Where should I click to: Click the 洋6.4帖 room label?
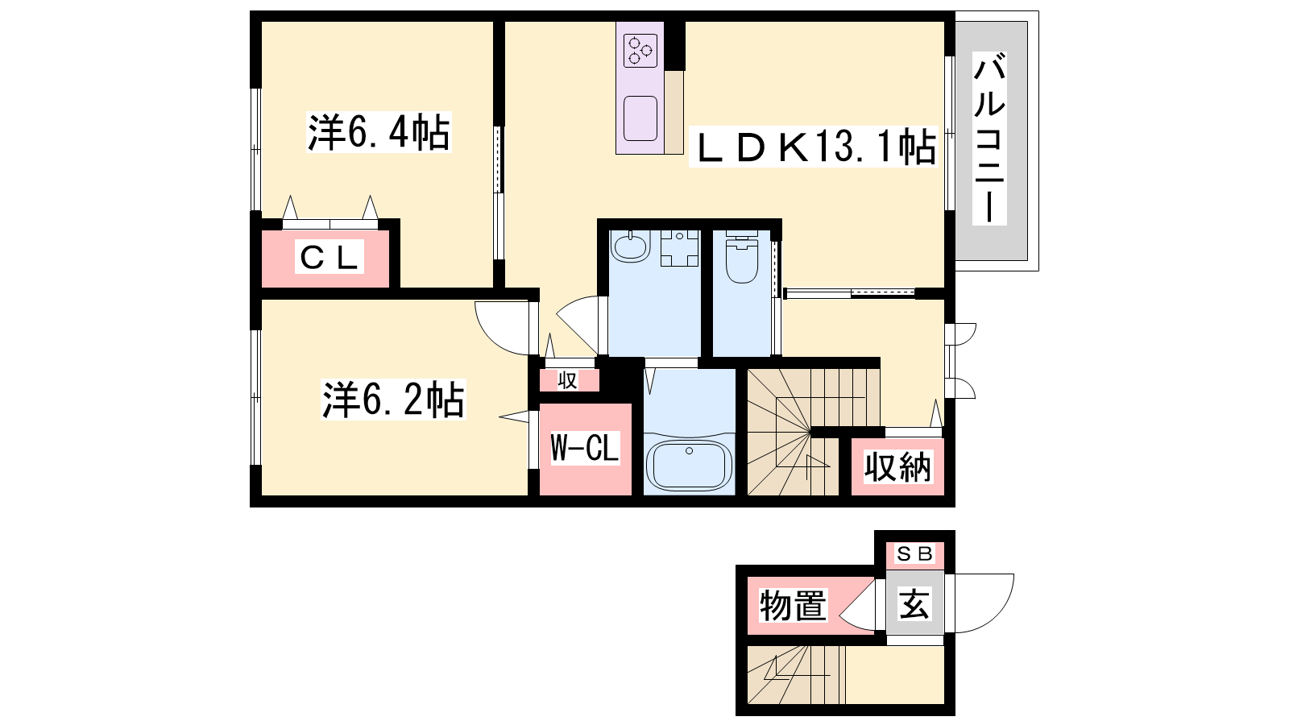pos(379,132)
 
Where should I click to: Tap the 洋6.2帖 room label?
pos(393,400)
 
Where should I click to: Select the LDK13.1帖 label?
pos(814,147)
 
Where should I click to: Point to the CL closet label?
pos(330,257)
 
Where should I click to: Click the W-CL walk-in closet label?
pos(585,448)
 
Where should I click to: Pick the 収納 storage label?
pos(897,467)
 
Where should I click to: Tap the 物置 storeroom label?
pos(793,605)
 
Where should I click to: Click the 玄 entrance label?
pos(915,603)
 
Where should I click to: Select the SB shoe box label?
pos(915,553)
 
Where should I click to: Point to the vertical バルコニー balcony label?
pos(989,138)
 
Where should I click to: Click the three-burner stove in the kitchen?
pos(640,50)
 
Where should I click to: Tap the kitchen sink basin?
pos(640,118)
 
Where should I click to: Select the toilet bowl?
pos(742,257)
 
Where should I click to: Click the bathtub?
pos(690,465)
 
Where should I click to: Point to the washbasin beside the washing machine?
pos(631,246)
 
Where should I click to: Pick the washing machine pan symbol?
pos(680,248)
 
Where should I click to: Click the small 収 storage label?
pos(567,380)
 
